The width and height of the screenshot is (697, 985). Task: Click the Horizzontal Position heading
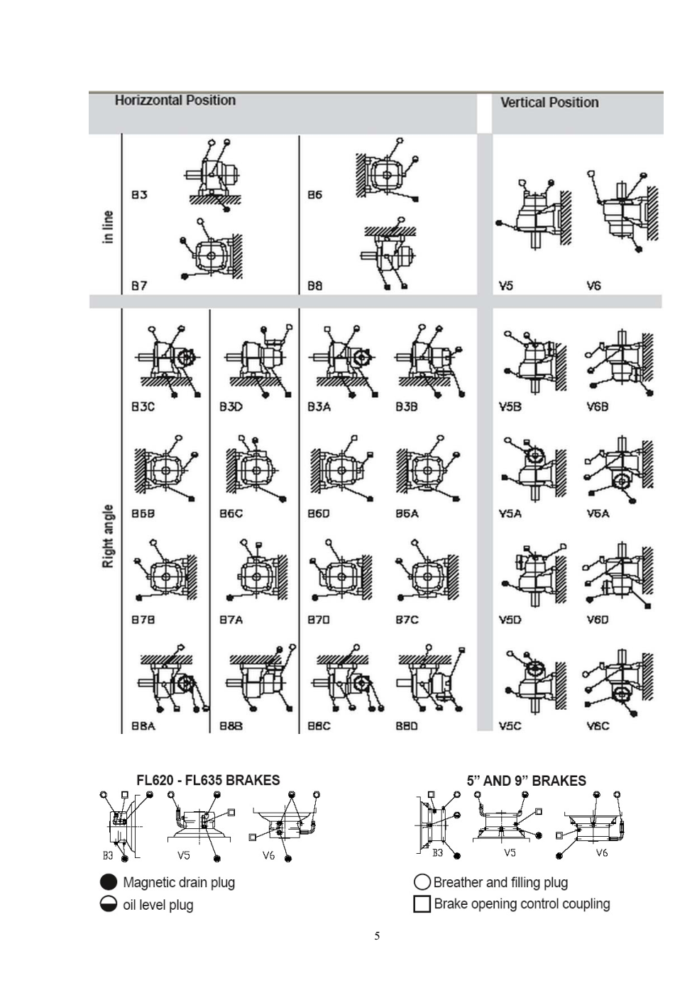pos(175,101)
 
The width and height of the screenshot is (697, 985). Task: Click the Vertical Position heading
pos(549,103)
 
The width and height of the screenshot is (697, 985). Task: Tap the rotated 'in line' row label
pos(108,227)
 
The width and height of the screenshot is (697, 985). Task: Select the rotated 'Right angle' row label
pos(108,536)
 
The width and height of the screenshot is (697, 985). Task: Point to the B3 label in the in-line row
pos(139,195)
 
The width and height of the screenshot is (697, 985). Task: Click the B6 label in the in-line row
pos(314,195)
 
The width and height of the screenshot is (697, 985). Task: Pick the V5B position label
pos(510,407)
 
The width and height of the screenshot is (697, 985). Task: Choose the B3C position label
pos(143,407)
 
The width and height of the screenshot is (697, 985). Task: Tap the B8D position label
pos(407,726)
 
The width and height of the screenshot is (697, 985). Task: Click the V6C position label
pos(598,726)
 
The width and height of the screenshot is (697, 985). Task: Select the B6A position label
pos(407,513)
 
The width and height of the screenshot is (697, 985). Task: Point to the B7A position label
pos(231,620)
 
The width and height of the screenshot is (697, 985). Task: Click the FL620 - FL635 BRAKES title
pos(208,780)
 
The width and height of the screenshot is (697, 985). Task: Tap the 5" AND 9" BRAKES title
pos(526,781)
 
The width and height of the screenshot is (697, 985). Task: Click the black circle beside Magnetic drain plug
pos(109,882)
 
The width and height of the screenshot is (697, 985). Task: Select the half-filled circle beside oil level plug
pos(109,904)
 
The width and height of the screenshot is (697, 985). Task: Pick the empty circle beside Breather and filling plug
pos(422,882)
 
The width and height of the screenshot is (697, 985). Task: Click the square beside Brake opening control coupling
pos(422,904)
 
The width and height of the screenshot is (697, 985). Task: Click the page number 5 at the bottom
pos(377,936)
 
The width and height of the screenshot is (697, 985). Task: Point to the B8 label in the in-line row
pos(314,286)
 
